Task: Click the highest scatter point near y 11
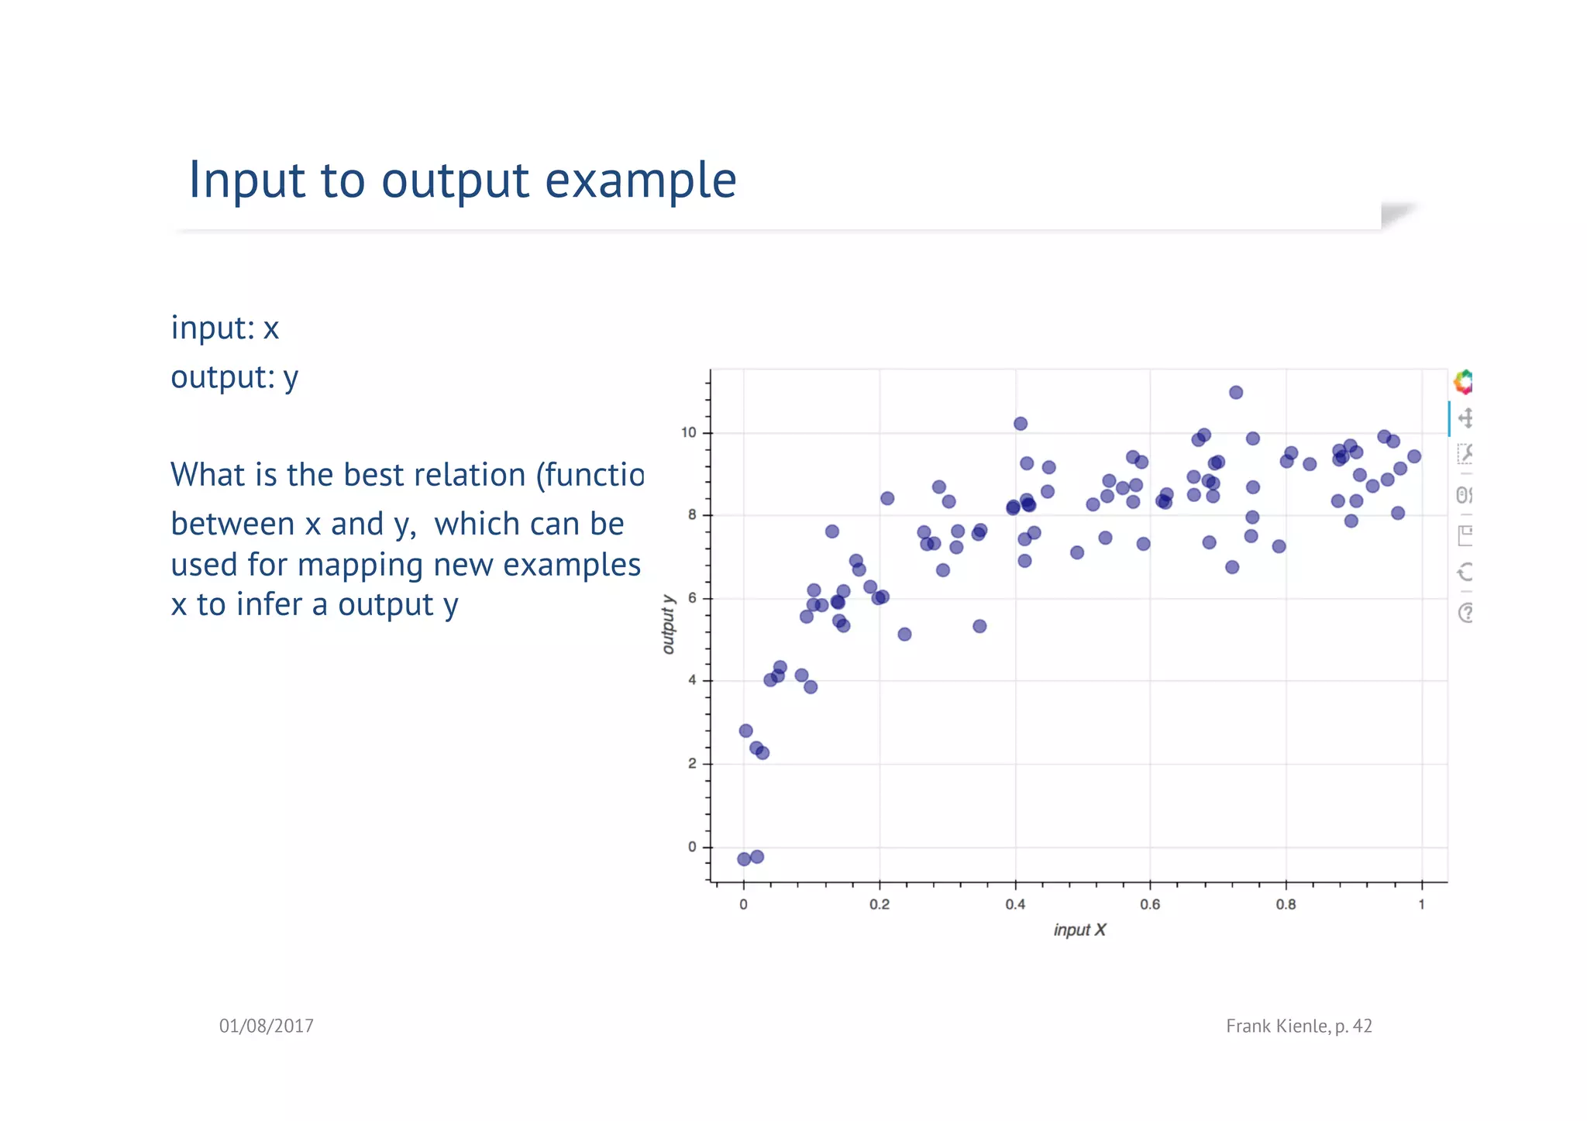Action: pyautogui.click(x=1236, y=393)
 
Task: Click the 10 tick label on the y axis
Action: pyautogui.click(x=689, y=433)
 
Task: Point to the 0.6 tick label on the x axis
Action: pyautogui.click(x=1150, y=905)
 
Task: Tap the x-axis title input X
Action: pyautogui.click(x=1079, y=930)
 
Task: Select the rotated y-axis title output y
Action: pyautogui.click(x=669, y=624)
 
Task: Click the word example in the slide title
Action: pyautogui.click(x=640, y=181)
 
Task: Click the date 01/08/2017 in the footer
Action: pyautogui.click(x=266, y=1026)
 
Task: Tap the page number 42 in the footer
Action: pyautogui.click(x=1362, y=1026)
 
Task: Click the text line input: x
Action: pyautogui.click(x=225, y=328)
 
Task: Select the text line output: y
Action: pyautogui.click(x=234, y=377)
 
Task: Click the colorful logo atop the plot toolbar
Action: pyautogui.click(x=1463, y=382)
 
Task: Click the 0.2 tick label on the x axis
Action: pyautogui.click(x=880, y=905)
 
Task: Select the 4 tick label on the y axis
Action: pyautogui.click(x=692, y=681)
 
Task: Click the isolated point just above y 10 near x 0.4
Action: pyautogui.click(x=1021, y=424)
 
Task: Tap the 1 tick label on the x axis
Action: pyautogui.click(x=1421, y=905)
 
